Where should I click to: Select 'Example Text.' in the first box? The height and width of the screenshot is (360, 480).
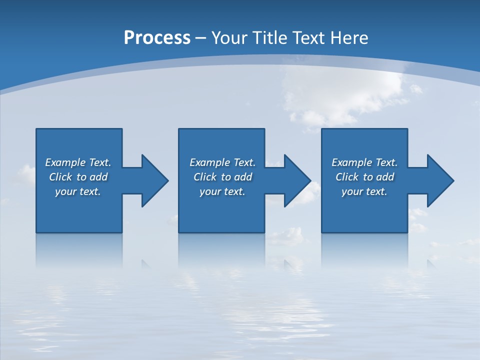[x=78, y=162]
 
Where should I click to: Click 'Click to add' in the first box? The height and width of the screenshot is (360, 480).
[x=78, y=177]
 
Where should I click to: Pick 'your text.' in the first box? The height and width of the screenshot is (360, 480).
[x=78, y=191]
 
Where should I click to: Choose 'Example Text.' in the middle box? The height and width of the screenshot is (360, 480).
[x=222, y=162]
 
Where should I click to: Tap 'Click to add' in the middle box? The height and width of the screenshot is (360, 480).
[x=222, y=177]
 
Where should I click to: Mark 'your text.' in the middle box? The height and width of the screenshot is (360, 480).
[x=222, y=191]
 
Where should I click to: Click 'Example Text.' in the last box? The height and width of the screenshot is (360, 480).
[x=364, y=162]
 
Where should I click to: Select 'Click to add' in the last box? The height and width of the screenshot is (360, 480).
[x=364, y=177]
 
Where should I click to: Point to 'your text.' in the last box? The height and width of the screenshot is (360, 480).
[x=364, y=191]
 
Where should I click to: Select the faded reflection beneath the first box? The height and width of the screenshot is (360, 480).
[x=79, y=250]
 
